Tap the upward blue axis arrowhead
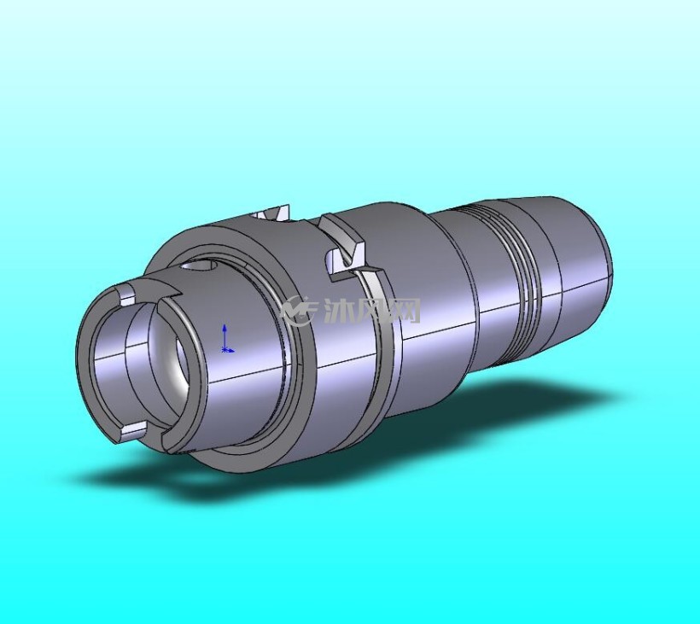(x=225, y=328)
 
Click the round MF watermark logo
(x=299, y=309)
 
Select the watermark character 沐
(x=338, y=310)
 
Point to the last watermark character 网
(x=405, y=310)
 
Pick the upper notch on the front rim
(x=125, y=296)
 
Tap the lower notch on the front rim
(x=133, y=430)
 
